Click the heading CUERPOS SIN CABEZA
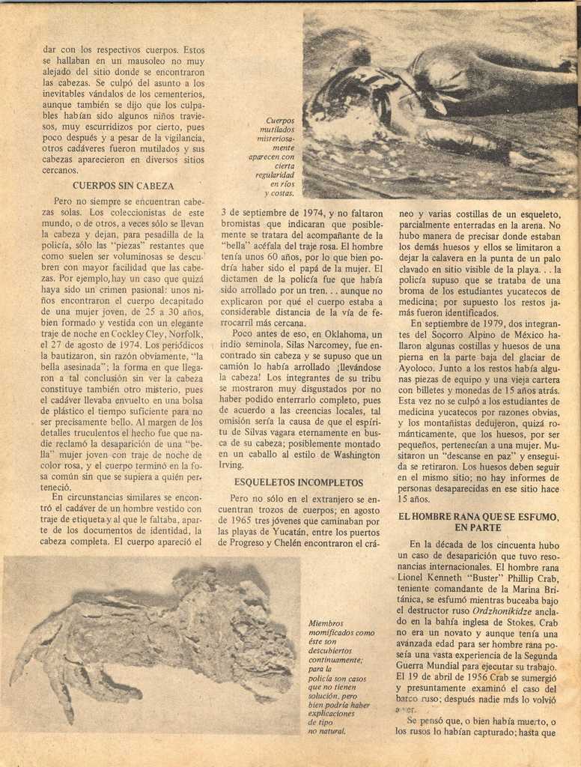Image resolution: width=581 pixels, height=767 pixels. point(123,185)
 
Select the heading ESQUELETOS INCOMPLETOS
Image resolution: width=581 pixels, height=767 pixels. point(298,482)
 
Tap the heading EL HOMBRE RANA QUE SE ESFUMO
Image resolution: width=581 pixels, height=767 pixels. point(478,516)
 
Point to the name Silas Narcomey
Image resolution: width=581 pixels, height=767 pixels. point(293,345)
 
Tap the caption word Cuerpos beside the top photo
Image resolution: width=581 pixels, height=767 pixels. point(280,121)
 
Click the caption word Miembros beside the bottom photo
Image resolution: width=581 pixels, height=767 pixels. point(326,622)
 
